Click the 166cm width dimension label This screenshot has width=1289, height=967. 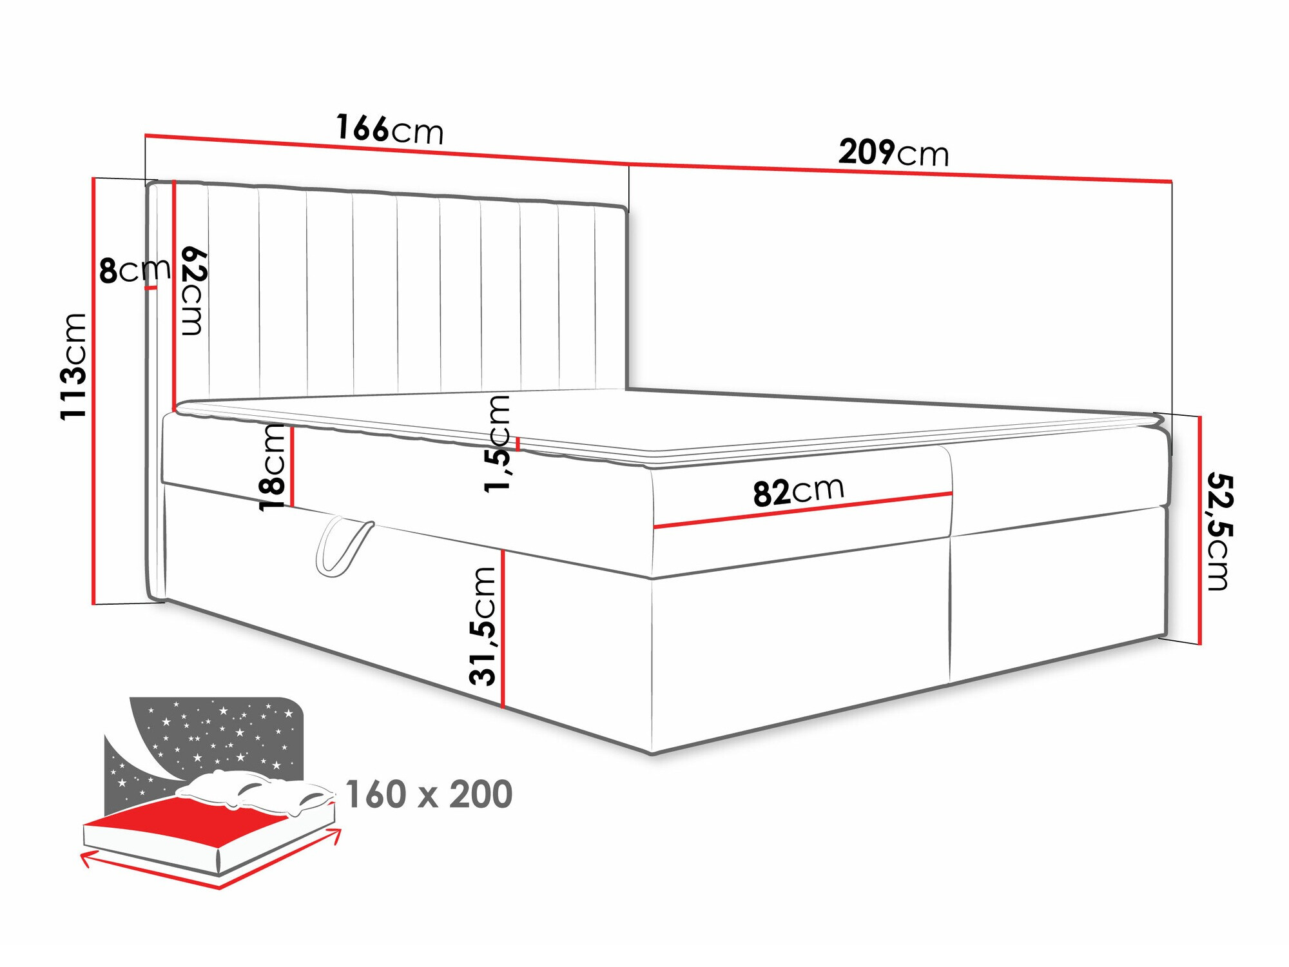pos(390,129)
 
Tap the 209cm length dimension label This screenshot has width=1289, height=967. pos(893,153)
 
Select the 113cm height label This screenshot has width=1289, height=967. pos(73,366)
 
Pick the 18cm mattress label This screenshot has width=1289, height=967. pos(271,467)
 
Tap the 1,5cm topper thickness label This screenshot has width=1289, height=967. pos(497,444)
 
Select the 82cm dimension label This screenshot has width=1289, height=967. pos(799,491)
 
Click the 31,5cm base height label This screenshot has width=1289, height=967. pos(483,626)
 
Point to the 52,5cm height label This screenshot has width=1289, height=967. pos(1219,531)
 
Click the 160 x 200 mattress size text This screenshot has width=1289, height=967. pos(429,794)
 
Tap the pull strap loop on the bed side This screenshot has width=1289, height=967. pos(344,545)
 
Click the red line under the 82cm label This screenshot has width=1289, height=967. pos(803,511)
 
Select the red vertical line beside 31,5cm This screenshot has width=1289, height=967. pos(503,629)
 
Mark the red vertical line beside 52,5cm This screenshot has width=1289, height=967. pos(1200,530)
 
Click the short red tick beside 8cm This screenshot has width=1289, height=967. pos(151,288)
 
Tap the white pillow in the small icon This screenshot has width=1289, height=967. pos(255,792)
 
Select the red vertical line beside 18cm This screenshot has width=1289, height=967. pos(292,465)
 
